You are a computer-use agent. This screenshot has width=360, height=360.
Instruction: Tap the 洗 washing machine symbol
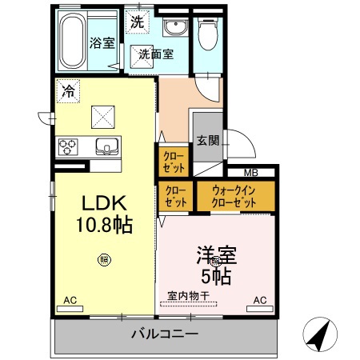(x=138, y=22)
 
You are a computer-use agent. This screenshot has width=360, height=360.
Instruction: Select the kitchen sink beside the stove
(x=106, y=146)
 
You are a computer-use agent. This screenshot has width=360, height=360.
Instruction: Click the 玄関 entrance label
(x=207, y=140)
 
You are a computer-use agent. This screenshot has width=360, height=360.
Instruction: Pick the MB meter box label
(x=251, y=173)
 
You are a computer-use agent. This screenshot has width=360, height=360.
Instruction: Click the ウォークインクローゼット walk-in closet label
(x=234, y=196)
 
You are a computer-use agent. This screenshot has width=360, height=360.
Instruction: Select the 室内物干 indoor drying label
(x=187, y=296)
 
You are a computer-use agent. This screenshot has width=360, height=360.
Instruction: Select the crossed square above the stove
(x=102, y=118)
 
